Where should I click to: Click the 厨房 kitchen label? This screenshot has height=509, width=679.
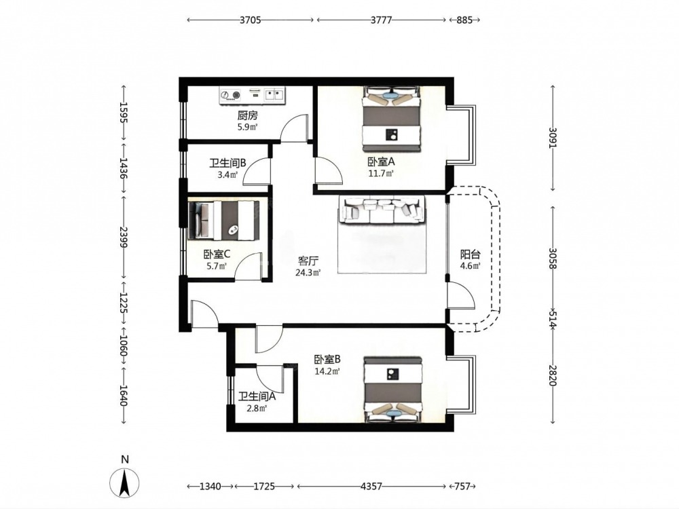(248, 115)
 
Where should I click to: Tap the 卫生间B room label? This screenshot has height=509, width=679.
(227, 163)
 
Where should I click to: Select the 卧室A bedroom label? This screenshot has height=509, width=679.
(381, 162)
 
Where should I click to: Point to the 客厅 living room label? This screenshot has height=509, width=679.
(308, 261)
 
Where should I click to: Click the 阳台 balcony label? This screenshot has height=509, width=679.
(470, 254)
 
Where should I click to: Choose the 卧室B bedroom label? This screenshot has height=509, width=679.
(327, 359)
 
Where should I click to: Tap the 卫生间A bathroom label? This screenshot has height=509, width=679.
(257, 396)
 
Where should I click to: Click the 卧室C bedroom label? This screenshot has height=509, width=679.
(217, 254)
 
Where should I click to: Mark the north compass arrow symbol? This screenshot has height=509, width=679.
(124, 482)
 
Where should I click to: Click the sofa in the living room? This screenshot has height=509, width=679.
(382, 210)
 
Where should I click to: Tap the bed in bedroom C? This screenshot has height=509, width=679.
(224, 221)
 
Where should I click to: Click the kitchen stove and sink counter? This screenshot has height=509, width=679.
(253, 96)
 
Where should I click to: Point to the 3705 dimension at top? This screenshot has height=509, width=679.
(251, 20)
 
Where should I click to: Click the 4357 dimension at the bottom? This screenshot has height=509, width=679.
(371, 487)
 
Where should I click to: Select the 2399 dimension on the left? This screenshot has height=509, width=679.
(123, 237)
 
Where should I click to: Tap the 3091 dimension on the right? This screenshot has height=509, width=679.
(552, 138)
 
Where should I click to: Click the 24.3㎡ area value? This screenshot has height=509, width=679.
(308, 273)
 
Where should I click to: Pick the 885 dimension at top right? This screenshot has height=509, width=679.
(464, 20)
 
